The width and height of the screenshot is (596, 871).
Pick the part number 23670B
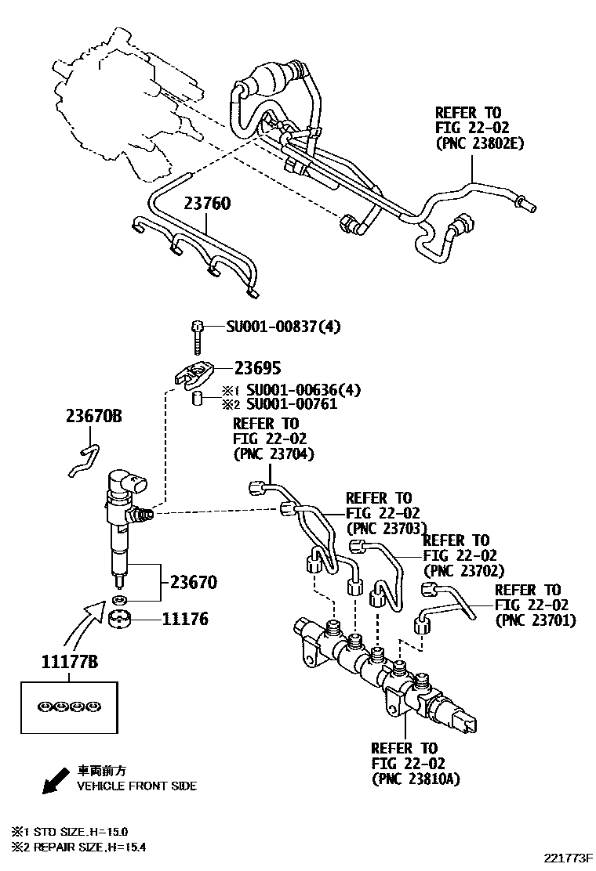93,417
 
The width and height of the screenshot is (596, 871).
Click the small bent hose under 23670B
82,460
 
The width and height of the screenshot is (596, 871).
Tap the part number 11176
185,620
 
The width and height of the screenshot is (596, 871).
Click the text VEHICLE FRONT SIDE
136,786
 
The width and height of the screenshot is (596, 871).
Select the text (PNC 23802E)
479,143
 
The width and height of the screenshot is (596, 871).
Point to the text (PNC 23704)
273,454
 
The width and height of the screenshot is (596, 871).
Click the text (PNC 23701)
535,620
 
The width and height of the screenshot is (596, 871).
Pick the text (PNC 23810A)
415,779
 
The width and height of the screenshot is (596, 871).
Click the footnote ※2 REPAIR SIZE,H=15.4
78,847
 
